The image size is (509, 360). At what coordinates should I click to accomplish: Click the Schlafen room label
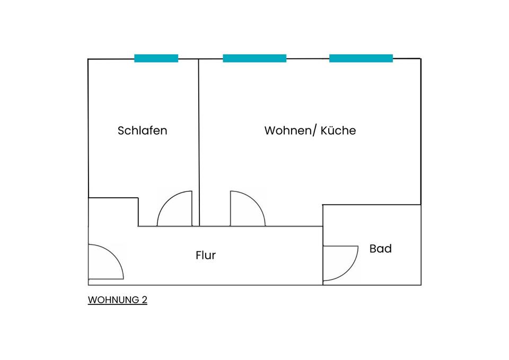click(142, 130)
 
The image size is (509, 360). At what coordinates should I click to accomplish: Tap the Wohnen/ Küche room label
click(310, 130)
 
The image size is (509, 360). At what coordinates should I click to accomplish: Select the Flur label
click(206, 256)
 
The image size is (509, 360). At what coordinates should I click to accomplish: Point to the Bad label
click(380, 249)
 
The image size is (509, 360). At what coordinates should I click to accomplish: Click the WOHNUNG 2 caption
click(117, 300)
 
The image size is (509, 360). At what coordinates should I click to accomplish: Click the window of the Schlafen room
click(156, 58)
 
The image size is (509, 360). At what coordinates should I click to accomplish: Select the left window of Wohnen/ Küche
click(254, 58)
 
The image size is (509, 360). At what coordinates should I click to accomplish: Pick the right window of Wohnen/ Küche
click(361, 58)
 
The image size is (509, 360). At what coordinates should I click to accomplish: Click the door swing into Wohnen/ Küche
click(247, 209)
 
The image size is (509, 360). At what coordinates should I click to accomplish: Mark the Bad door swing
click(340, 262)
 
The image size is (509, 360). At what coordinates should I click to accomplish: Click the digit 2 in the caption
click(144, 300)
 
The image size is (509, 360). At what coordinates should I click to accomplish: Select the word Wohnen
click(285, 130)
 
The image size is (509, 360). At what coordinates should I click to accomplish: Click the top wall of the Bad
click(371, 205)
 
